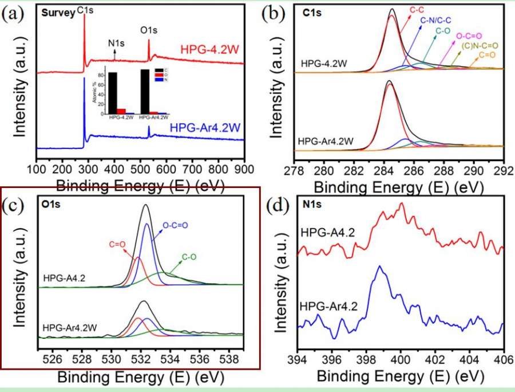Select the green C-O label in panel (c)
click(191, 259)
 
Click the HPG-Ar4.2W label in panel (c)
click(69, 327)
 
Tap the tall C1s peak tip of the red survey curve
click(85, 14)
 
